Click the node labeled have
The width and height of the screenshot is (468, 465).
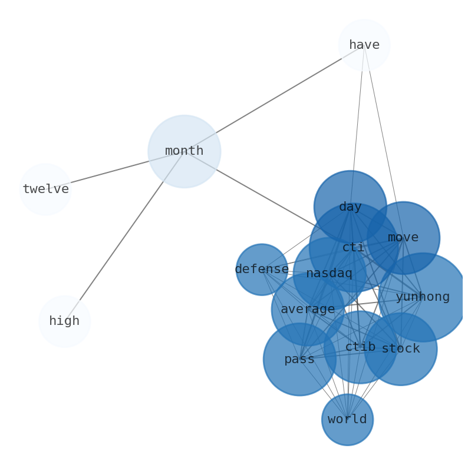[364, 45]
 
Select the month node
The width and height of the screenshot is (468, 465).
[184, 151]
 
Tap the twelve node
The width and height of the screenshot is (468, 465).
[45, 190]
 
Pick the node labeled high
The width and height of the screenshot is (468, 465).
[64, 321]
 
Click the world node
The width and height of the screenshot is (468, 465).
[347, 420]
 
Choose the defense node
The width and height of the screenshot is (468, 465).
[262, 270]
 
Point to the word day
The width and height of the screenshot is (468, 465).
[350, 207]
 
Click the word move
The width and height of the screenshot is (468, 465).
[403, 238]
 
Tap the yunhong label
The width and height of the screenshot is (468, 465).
[423, 297]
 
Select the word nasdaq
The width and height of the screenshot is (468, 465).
[329, 274]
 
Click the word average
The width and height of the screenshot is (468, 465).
[308, 310]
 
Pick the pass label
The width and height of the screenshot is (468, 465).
[299, 360]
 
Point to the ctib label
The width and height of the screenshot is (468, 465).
[360, 347]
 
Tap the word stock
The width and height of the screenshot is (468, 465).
[401, 349]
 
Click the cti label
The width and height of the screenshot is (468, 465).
[353, 248]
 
